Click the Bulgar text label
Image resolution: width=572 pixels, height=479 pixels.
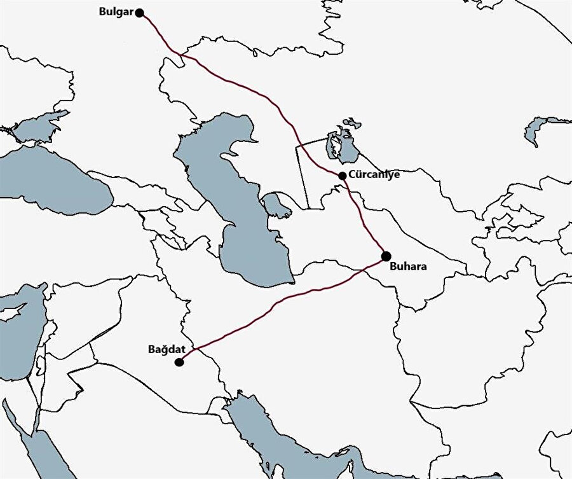(x=117, y=12)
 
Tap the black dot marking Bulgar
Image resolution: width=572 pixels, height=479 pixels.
(x=140, y=13)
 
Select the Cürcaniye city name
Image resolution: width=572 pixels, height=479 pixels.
(x=374, y=174)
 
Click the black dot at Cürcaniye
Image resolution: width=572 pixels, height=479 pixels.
(x=343, y=176)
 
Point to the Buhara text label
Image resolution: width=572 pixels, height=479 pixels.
(x=408, y=267)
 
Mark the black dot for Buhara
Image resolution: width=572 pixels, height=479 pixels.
(x=386, y=256)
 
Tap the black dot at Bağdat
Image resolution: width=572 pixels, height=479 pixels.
(x=179, y=362)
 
